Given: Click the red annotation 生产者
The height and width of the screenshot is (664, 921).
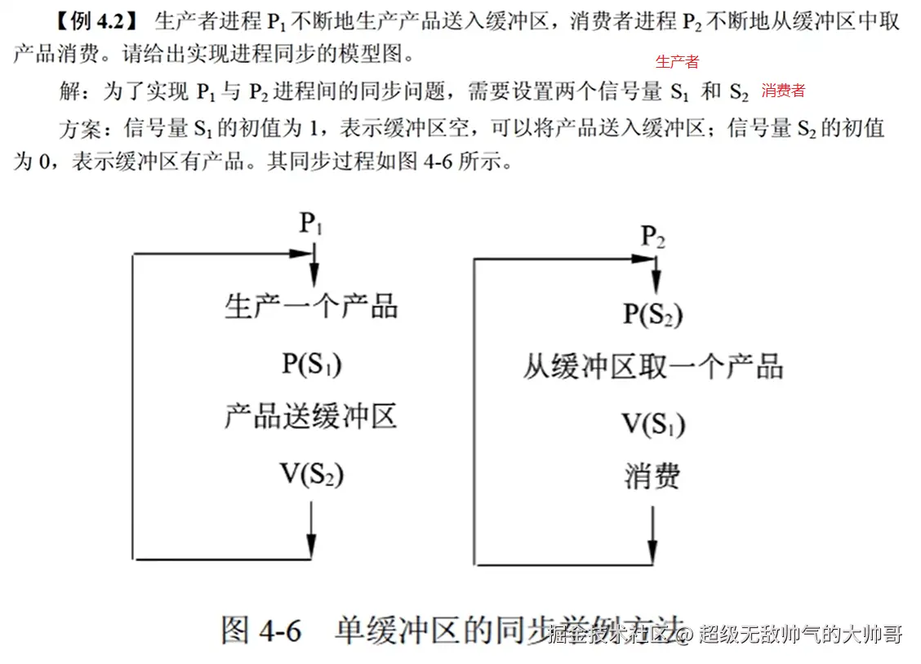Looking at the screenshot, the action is [x=677, y=62].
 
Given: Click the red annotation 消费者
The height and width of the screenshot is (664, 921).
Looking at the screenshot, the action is [x=783, y=91].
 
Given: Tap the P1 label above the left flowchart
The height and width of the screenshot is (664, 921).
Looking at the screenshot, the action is [x=310, y=223].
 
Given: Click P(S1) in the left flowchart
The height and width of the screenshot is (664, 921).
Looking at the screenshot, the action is [x=311, y=364].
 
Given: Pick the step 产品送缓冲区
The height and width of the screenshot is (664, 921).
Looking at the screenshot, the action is [x=311, y=418].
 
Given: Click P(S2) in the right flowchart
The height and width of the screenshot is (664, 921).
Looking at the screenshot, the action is [x=652, y=314].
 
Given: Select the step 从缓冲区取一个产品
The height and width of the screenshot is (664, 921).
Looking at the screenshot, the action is [x=652, y=367].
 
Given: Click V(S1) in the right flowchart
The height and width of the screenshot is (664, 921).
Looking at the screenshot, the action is [x=652, y=423].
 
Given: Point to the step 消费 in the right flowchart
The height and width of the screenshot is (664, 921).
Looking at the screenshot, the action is [x=652, y=476].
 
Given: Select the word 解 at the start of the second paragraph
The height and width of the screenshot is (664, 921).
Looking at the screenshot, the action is [x=69, y=90].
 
